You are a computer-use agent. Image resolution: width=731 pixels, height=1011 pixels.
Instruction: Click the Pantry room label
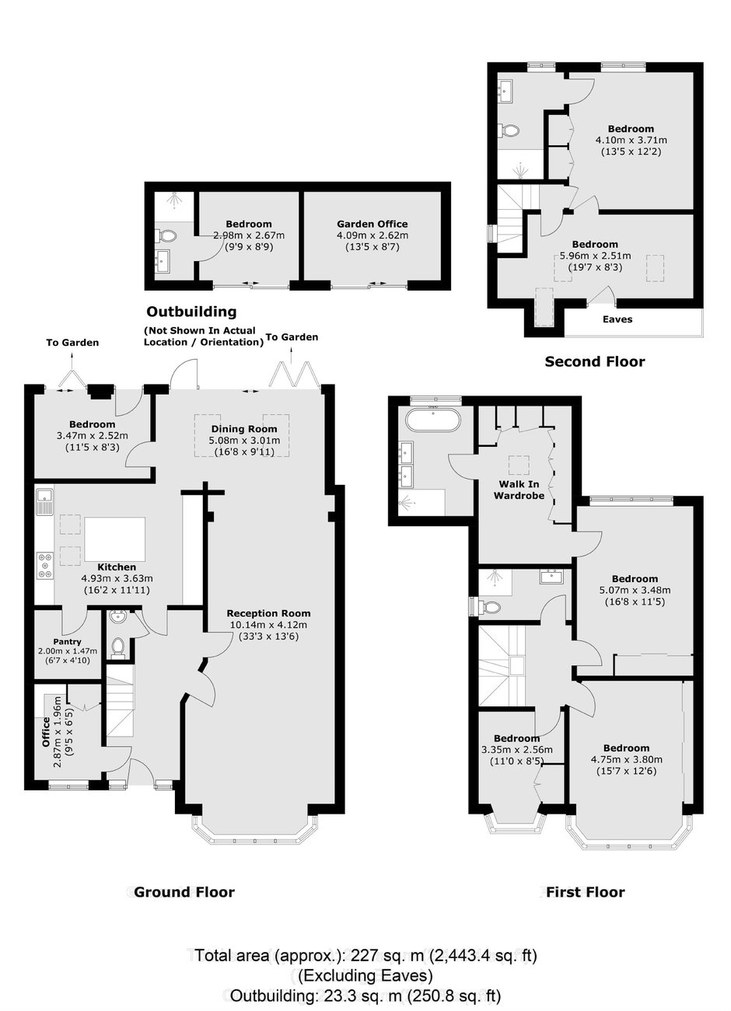pos(68,641)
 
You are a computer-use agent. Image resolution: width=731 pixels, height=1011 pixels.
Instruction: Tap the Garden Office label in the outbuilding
pos(372,224)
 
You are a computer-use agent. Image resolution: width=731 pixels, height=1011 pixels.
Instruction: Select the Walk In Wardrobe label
pos(519,490)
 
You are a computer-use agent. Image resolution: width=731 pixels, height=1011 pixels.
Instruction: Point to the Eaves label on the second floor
pos(617,319)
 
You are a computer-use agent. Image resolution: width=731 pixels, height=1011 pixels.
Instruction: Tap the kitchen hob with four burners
pos(45,566)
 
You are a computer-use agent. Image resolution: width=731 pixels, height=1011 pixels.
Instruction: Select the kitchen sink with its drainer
pos(45,502)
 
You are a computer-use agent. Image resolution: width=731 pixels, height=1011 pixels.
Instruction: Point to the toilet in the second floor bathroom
pos(509,131)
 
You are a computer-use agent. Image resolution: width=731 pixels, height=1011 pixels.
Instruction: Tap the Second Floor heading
pos(595,361)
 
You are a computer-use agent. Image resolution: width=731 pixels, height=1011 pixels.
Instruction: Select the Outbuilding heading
pos(191,312)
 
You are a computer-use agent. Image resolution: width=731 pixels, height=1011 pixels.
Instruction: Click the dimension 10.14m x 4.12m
pos(268,625)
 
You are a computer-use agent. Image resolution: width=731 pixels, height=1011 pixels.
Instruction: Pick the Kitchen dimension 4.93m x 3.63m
pos(117,578)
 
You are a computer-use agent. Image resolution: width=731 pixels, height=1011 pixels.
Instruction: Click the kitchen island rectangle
pos(115,540)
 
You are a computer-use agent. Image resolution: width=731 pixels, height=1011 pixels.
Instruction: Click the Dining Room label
pos(244,429)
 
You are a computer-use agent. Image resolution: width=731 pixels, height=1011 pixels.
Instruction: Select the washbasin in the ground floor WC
pos(119,616)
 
